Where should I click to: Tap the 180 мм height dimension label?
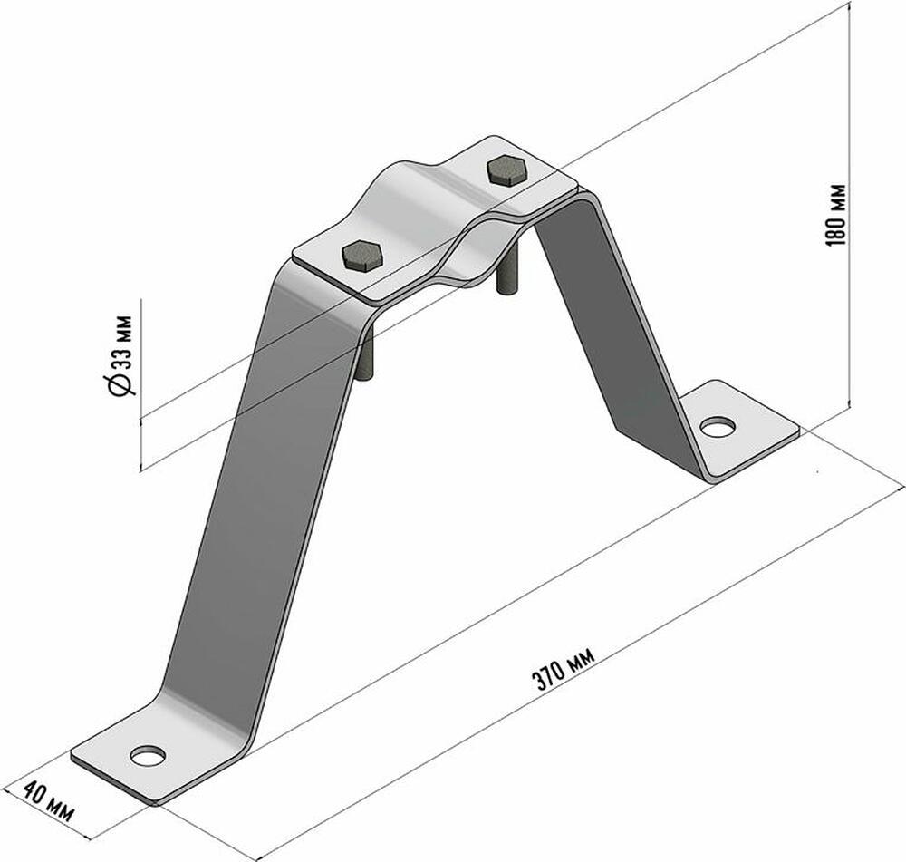click(836, 215)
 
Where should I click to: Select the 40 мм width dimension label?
click(48, 802)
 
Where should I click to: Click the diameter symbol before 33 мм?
click(120, 384)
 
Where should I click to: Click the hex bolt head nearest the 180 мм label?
click(506, 170)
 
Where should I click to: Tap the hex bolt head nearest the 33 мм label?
click(362, 256)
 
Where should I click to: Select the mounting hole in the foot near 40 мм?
click(148, 755)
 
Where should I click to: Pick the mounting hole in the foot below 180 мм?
click(718, 427)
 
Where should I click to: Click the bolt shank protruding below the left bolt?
click(367, 351)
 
